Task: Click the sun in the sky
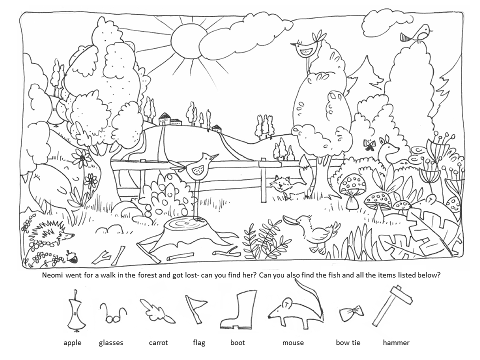[x=187, y=41]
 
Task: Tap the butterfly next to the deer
[x=369, y=145]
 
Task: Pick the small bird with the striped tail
[x=417, y=33]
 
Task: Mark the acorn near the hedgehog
[x=72, y=256]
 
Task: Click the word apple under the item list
[x=72, y=343]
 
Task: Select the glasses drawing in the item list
[x=112, y=314]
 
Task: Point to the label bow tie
[x=348, y=342]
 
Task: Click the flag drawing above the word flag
[x=195, y=308]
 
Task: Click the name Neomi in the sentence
[x=53, y=275]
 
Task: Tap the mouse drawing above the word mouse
[x=295, y=306]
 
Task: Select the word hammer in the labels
[x=396, y=342]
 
